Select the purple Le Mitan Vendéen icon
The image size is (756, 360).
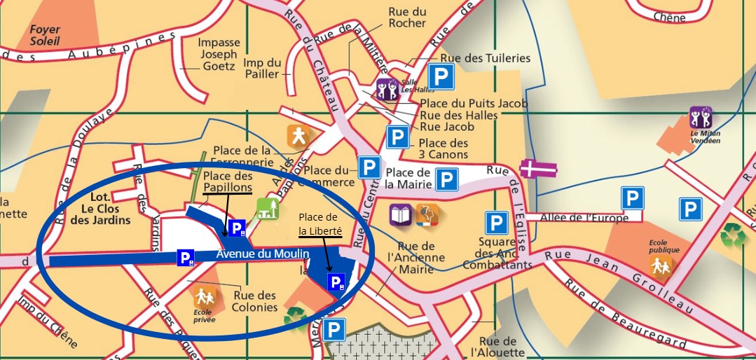click(x=701, y=117)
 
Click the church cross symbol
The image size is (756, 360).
click(x=538, y=169)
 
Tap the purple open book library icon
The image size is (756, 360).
click(x=400, y=214)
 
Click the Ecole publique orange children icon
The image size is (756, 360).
click(x=661, y=264)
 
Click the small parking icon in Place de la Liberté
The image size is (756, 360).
click(x=337, y=282)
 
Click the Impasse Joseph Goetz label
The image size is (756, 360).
click(x=219, y=54)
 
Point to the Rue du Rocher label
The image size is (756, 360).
click(x=407, y=17)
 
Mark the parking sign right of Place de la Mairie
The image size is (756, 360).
click(x=446, y=179)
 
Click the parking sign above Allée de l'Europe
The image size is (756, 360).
click(x=633, y=198)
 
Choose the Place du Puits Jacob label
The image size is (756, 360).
click(x=474, y=104)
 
